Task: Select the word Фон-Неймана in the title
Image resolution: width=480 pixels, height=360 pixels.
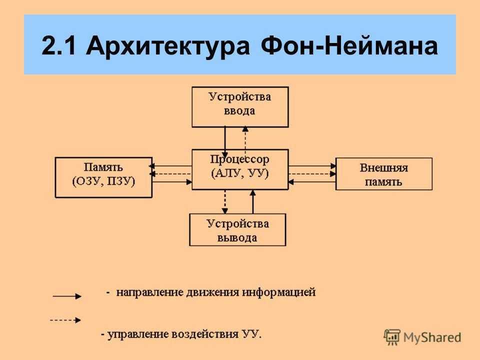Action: tap(349, 46)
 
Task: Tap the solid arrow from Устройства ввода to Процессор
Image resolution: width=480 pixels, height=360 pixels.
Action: tap(225, 142)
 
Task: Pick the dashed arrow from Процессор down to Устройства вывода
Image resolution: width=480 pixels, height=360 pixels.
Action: tap(225, 201)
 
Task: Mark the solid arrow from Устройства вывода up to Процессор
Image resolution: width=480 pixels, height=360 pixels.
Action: tap(253, 201)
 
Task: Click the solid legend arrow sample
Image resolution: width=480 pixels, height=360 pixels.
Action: tap(67, 296)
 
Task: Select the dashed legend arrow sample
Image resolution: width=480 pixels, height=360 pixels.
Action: tap(65, 320)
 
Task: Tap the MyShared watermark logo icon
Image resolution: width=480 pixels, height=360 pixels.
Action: tap(392, 337)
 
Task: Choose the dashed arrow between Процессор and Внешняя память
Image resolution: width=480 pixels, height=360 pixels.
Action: tap(312, 174)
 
